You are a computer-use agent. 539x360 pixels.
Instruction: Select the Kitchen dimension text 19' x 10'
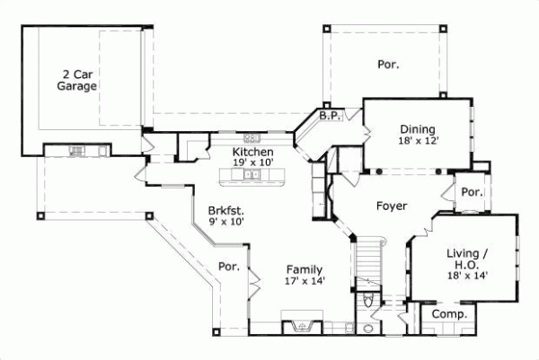(x=252, y=162)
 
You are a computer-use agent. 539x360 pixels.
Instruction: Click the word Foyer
(x=392, y=206)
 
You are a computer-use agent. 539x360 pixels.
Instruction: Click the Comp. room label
(x=449, y=314)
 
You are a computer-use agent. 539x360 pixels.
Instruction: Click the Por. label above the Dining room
(x=388, y=64)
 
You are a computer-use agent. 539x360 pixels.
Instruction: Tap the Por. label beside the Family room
(x=228, y=267)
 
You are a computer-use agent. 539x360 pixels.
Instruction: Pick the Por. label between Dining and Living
(x=471, y=192)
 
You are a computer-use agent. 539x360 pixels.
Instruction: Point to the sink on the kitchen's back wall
(x=252, y=138)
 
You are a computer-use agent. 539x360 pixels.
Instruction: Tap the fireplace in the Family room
(x=300, y=324)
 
